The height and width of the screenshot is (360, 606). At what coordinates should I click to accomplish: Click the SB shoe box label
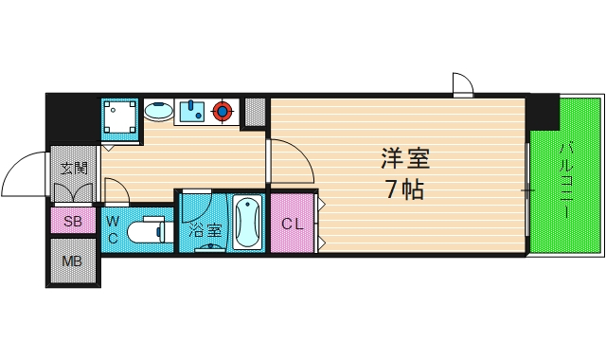[x=72, y=222]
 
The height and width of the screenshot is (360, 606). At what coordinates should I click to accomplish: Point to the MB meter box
[x=72, y=261]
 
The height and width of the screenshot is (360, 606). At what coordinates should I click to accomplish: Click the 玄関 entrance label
[x=73, y=170]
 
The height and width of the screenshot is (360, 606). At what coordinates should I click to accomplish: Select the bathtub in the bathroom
[x=248, y=222]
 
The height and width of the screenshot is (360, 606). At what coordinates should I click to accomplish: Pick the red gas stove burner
[x=223, y=112]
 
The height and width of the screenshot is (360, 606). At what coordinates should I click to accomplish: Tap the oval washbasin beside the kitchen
[x=158, y=112]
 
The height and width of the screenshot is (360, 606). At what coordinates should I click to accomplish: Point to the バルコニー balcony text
[x=565, y=180]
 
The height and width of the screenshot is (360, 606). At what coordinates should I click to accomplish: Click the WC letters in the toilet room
[x=112, y=230]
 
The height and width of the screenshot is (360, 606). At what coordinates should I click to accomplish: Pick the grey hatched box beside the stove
[x=254, y=112]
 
